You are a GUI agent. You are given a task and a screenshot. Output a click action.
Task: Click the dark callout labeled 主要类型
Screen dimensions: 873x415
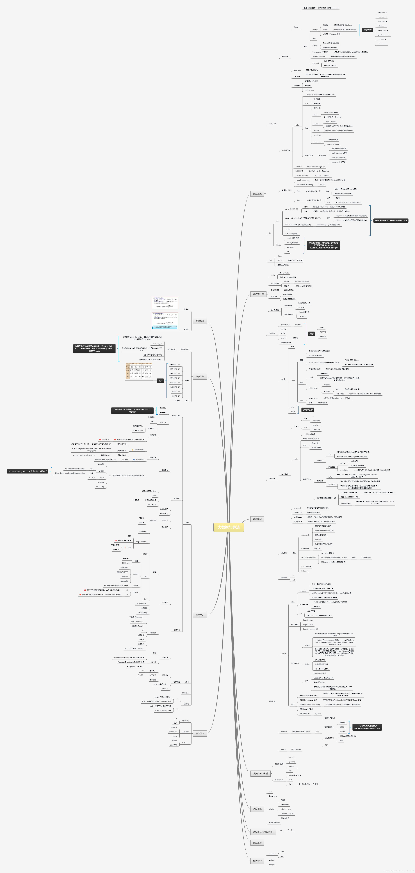(367, 30)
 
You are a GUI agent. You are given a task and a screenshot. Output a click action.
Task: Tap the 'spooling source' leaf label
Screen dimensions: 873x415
(384, 35)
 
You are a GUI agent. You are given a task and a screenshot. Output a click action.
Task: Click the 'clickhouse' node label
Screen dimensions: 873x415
(298, 517)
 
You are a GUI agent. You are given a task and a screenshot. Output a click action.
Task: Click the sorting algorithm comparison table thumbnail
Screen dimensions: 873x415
(139, 370)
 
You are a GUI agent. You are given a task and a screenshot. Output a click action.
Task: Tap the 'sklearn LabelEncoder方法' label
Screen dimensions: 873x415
(82, 455)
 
